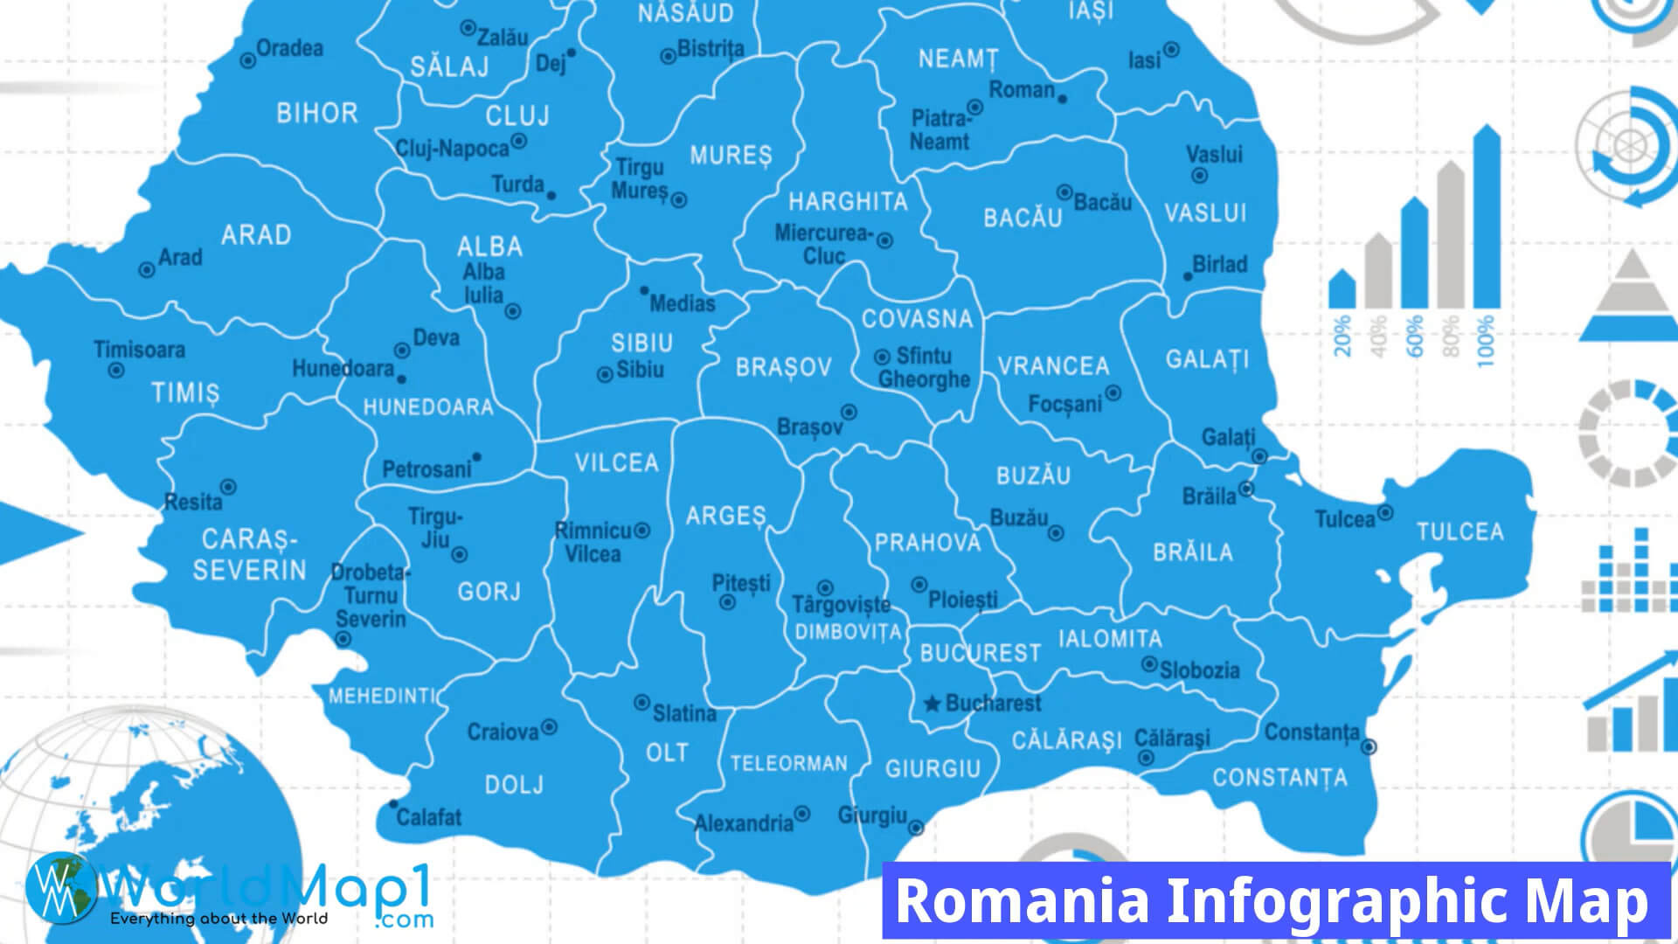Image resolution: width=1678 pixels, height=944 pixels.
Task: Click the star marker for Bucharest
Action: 932,704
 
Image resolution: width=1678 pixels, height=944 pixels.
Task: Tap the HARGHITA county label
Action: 848,202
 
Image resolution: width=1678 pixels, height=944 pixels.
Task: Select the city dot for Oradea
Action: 248,60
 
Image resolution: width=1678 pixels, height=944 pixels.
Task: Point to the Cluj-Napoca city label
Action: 452,149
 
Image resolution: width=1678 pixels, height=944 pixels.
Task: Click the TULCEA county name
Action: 1460,531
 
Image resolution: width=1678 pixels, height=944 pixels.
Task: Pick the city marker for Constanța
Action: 1369,746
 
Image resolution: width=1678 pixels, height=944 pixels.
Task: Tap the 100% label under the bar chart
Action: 1485,341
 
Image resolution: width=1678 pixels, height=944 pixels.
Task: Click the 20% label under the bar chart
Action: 1342,336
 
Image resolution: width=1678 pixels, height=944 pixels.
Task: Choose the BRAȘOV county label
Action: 783,367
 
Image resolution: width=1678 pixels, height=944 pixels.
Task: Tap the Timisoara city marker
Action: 115,371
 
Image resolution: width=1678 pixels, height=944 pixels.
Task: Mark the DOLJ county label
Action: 514,785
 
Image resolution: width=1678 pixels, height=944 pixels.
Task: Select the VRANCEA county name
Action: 1053,365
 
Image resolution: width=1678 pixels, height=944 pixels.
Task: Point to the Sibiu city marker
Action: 604,375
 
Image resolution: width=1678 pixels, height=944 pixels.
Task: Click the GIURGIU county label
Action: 933,768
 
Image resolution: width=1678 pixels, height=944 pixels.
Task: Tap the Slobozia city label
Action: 1199,670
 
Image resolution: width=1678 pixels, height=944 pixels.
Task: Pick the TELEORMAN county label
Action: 788,763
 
